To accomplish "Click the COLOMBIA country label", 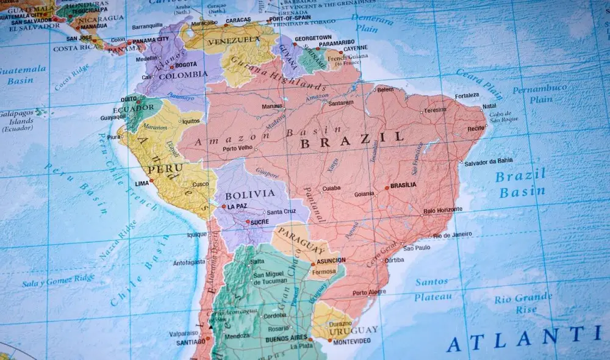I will click(183, 75).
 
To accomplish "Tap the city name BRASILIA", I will click(403, 185).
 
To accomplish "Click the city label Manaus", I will click(271, 106).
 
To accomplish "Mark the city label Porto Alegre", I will click(369, 293).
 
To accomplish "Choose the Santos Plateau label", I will click(432, 290).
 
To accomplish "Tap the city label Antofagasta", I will click(189, 262).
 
